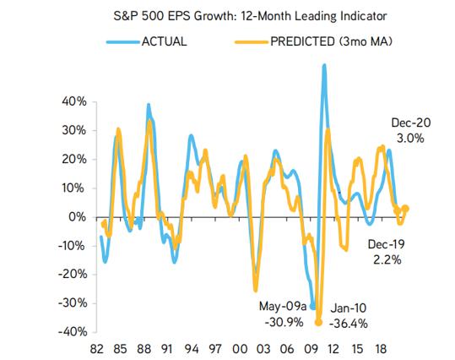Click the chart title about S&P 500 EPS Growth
[x=250, y=16]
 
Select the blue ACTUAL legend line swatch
[x=123, y=42]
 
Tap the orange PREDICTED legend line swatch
[x=252, y=42]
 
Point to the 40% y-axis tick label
[x=74, y=101]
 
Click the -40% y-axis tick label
[x=73, y=331]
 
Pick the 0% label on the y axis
[x=77, y=216]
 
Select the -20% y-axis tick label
[x=73, y=274]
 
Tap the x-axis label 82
[x=97, y=349]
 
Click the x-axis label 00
[x=240, y=349]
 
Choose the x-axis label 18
[x=381, y=349]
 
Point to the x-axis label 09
[x=311, y=349]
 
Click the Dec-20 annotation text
[x=411, y=123]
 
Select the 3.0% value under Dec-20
[x=410, y=139]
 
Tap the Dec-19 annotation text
[x=387, y=244]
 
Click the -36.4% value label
[x=349, y=324]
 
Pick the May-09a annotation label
[x=283, y=306]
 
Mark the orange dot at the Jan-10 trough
[x=318, y=322]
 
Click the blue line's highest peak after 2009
[x=324, y=66]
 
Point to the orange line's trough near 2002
[x=256, y=290]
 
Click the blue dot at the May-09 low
[x=313, y=306]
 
